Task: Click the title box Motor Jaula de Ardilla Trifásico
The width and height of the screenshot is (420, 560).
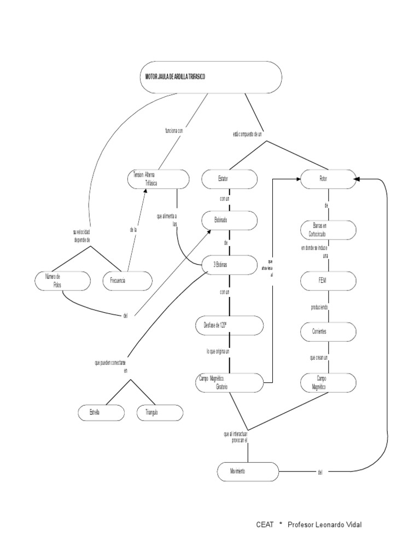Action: pos(210,77)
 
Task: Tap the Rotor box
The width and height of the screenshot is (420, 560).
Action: pos(329,178)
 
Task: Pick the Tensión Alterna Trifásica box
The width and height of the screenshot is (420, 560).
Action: pos(158,179)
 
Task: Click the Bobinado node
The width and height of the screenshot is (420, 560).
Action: pos(230,220)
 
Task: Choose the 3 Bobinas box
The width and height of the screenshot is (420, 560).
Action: pos(230,265)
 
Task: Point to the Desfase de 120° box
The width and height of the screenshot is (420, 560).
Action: pos(230,325)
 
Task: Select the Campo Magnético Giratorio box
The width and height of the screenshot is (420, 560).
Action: pos(230,382)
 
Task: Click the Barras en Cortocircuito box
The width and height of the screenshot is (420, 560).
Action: pos(329,230)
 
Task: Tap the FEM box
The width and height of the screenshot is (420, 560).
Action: pos(329,281)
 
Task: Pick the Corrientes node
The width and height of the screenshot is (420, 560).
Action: pos(329,331)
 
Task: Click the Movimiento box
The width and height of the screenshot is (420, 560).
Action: pos(248,471)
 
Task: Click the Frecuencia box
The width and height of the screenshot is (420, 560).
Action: pos(127,281)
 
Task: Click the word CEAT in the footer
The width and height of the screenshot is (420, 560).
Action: pos(265,525)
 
